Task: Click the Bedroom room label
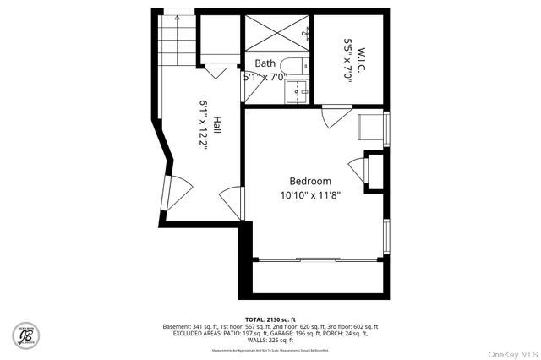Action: click(310, 181)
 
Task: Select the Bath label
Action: click(265, 63)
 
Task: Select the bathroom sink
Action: click(296, 90)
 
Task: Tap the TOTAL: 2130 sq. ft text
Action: click(270, 319)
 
